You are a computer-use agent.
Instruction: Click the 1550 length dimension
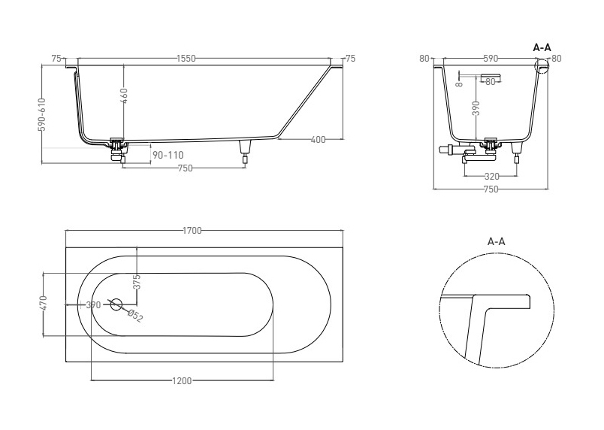tap(186, 59)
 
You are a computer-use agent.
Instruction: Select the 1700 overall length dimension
tap(192, 231)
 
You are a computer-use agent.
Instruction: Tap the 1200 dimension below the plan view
tap(182, 380)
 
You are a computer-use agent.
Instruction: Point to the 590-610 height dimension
tap(42, 114)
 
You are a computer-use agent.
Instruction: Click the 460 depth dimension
tap(124, 96)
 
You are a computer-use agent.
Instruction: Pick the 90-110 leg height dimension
tap(168, 156)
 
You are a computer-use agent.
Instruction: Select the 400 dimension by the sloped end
tap(318, 139)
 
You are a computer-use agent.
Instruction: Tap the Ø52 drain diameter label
tap(134, 316)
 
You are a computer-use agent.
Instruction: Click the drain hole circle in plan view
tap(116, 304)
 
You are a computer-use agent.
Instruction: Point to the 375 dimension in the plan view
tap(137, 282)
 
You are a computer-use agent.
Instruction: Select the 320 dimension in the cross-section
tap(491, 176)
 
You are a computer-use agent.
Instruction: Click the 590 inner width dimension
tap(491, 59)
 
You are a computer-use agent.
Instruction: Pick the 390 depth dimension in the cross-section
tap(476, 108)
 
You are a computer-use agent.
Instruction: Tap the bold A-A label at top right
tap(542, 48)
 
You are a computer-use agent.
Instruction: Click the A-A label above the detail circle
tap(496, 241)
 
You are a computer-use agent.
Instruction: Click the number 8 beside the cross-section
tap(459, 83)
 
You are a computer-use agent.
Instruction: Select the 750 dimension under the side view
tap(185, 168)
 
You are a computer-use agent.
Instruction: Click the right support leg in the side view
tap(245, 152)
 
